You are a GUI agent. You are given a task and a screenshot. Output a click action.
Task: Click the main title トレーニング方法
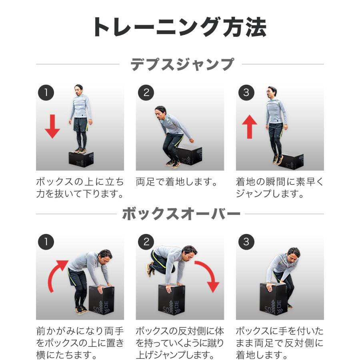click(180, 27)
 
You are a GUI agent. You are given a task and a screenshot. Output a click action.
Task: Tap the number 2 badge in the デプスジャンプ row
click(146, 92)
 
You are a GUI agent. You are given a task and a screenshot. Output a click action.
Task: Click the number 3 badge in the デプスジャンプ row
click(246, 92)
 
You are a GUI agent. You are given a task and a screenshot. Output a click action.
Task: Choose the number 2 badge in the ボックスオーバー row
click(146, 242)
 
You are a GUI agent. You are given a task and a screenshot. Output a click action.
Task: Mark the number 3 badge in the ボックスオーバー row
click(246, 242)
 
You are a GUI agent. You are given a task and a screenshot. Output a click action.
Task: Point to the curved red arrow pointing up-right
click(57, 275)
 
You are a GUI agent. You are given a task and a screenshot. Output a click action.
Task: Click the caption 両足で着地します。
click(178, 183)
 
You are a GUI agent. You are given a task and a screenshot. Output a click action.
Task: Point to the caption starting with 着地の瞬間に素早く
click(279, 188)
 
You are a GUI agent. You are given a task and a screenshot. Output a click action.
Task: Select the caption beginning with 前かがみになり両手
click(80, 343)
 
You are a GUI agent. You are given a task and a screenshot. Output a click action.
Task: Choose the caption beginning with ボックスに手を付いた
click(279, 343)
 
